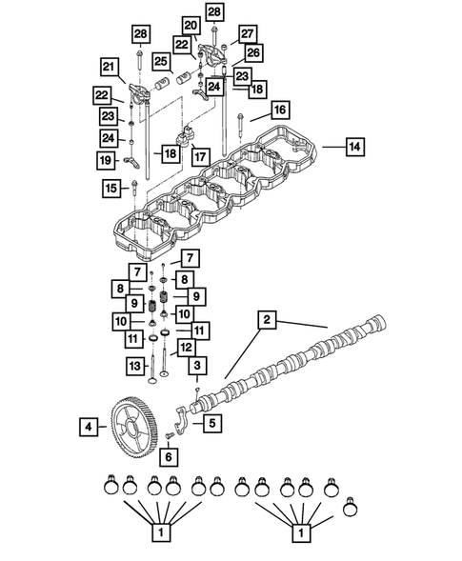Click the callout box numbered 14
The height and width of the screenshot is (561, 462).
pos(353,147)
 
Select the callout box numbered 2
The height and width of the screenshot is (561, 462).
pos(268,322)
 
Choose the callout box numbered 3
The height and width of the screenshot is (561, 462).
pos(197,366)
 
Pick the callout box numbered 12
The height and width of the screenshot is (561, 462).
pos(186,348)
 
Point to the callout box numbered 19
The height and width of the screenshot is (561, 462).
pos(109,162)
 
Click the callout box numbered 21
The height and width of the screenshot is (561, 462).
pos(109,66)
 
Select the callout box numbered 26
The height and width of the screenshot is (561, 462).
pos(253,52)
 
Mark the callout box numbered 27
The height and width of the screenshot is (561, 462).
pos(247,33)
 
